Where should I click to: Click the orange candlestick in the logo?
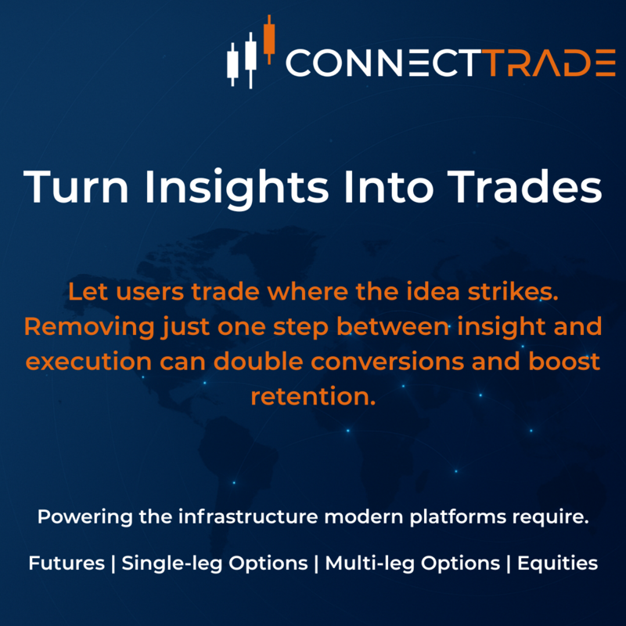tap(270, 39)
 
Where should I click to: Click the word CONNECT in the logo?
tap(381, 63)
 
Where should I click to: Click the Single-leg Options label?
tap(214, 563)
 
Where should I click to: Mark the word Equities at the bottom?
tap(558, 563)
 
